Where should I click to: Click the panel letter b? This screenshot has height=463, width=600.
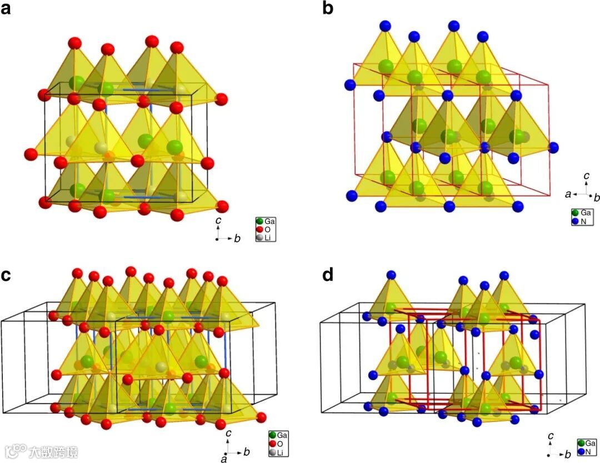coord(328,9)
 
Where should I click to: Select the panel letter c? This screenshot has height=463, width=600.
coord(7,275)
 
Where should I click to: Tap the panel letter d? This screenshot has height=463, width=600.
coord(328,275)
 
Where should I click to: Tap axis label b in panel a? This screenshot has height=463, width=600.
coord(237,238)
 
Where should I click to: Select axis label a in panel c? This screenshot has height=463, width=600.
coord(223,459)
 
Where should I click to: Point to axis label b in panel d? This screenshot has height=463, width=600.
coord(568,455)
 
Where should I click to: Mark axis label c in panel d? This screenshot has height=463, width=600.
coord(550,435)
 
